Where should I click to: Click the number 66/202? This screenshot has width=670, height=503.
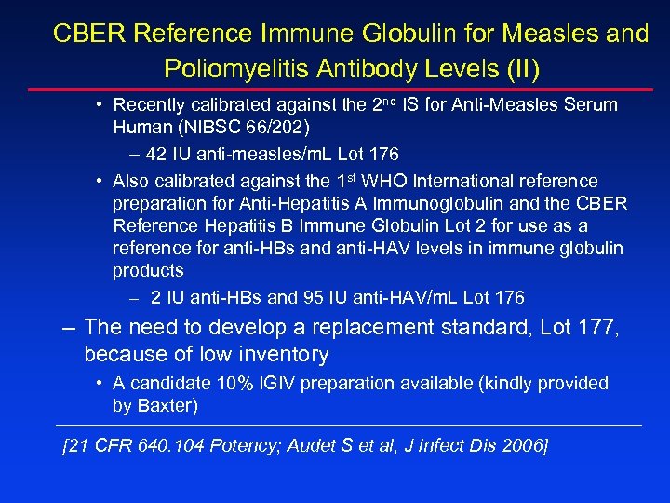(287, 127)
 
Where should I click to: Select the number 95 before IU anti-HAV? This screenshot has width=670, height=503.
(314, 298)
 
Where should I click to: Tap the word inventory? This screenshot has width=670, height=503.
(281, 355)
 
